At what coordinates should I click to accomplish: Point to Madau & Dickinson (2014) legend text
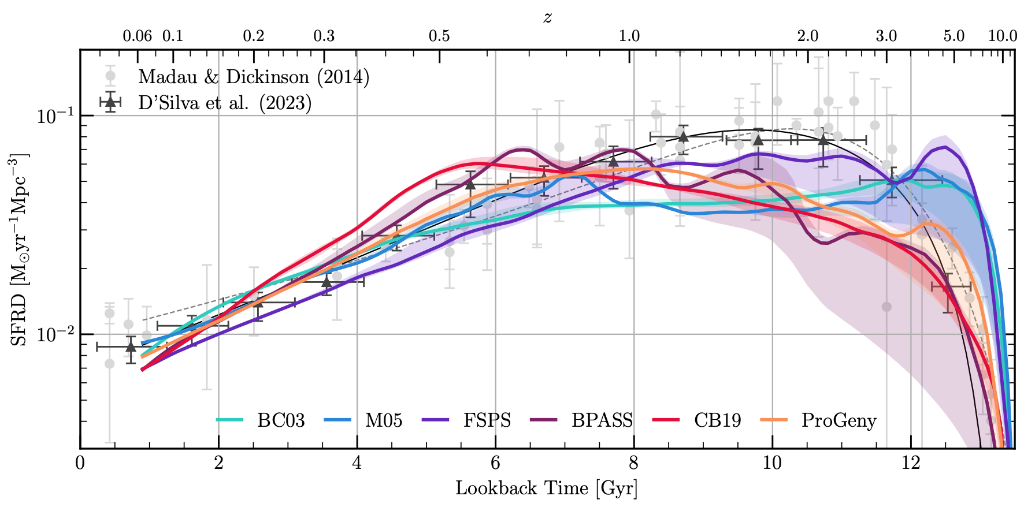pos(254,77)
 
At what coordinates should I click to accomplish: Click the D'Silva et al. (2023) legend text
pos(225,103)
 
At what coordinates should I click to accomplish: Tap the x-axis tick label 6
pos(495,463)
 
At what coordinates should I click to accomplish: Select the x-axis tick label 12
pos(911,463)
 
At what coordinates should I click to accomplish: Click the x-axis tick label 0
pos(80,463)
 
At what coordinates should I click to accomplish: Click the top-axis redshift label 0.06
pos(137,36)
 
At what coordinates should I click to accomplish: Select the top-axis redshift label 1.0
pos(629,36)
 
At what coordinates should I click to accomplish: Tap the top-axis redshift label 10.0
pos(1002,36)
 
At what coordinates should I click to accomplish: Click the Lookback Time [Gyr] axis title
pos(547,489)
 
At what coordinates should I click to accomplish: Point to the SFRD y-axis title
pos(20,249)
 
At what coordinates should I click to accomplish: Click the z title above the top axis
pos(547,17)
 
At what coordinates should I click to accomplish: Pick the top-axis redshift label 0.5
pos(439,36)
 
